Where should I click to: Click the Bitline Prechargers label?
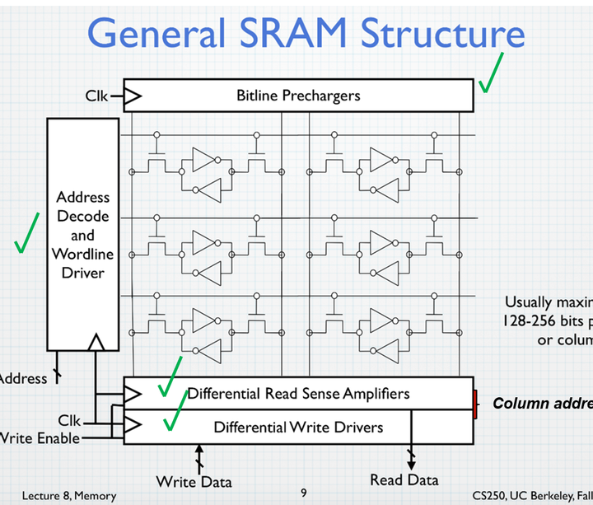pyautogui.click(x=298, y=96)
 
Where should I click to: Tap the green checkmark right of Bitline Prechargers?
pyautogui.click(x=493, y=74)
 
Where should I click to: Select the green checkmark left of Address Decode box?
pyautogui.click(x=26, y=235)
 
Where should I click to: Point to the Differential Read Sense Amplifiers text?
pyautogui.click(x=298, y=393)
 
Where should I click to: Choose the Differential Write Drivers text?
pyautogui.click(x=298, y=427)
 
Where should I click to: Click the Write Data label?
pyautogui.click(x=194, y=481)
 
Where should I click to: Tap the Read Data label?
pyautogui.click(x=404, y=479)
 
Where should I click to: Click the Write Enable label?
pyautogui.click(x=40, y=437)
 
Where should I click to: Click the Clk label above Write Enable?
pyautogui.click(x=70, y=420)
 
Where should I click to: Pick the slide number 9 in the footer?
pyautogui.click(x=303, y=493)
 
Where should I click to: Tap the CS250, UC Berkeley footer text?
pyautogui.click(x=532, y=495)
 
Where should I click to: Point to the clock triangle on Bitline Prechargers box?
pyautogui.click(x=132, y=96)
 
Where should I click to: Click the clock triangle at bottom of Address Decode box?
pyautogui.click(x=96, y=340)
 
